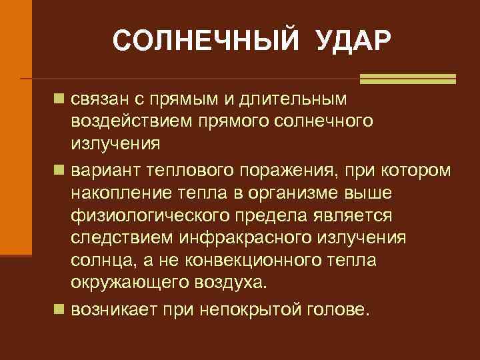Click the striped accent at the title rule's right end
(407, 79)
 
